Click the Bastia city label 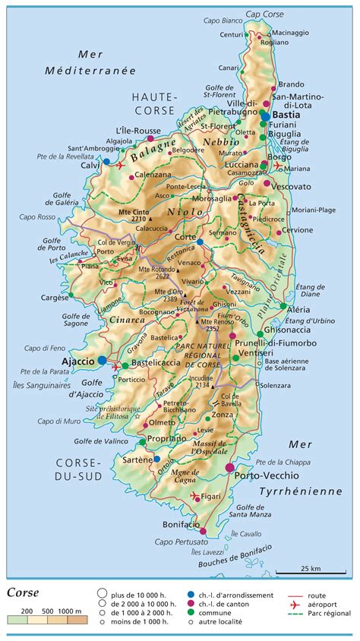pos(286,115)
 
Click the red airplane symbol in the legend pos(292,605)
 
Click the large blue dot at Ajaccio pos(103,360)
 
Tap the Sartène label pos(136,459)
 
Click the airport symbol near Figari pos(196,497)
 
